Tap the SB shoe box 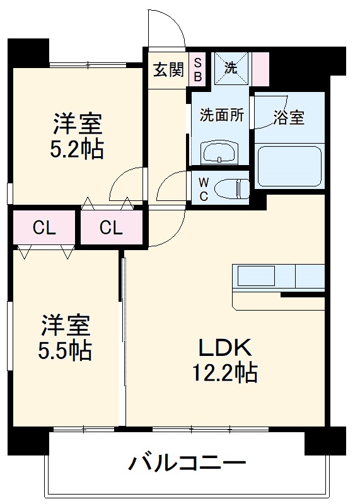point(197,69)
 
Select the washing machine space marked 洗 point(231,68)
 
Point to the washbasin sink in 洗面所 point(218,152)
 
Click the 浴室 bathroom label point(289,117)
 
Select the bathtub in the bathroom point(289,167)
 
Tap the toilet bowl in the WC point(231,187)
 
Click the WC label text point(204,188)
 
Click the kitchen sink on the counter point(255,276)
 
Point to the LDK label point(226,347)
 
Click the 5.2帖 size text point(78,149)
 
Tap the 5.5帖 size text point(66,350)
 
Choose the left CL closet point(44,227)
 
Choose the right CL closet point(110,227)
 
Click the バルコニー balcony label point(187,464)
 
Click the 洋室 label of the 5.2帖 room point(78,122)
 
